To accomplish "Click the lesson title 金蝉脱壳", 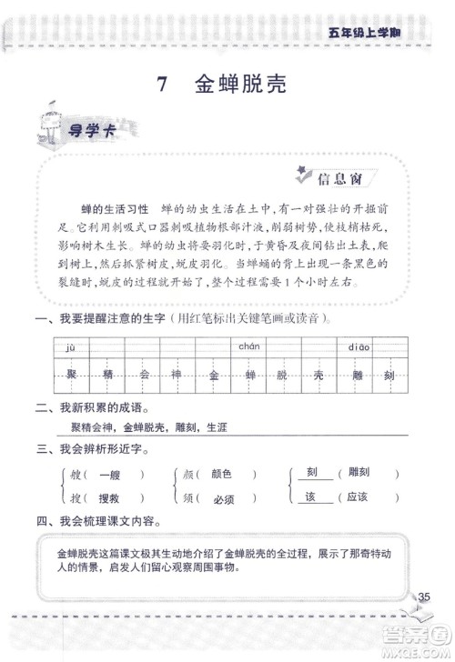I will [x=240, y=85].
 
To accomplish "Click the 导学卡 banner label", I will [x=88, y=130].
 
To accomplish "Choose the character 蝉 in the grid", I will [x=248, y=375].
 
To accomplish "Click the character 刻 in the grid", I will [x=390, y=375].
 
